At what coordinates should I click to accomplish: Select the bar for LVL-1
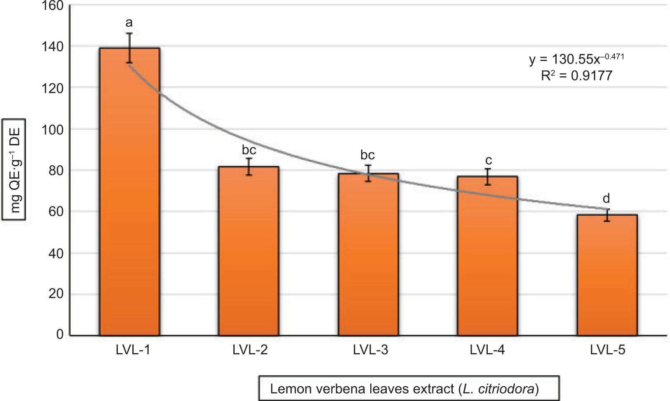(x=129, y=192)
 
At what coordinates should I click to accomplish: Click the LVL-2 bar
(x=249, y=251)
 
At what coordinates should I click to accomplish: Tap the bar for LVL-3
(x=368, y=254)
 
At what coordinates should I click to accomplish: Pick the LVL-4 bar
(x=487, y=256)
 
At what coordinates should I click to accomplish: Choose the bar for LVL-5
(x=607, y=275)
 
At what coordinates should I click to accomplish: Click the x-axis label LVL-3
(x=370, y=350)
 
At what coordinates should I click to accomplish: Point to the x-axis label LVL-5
(x=607, y=350)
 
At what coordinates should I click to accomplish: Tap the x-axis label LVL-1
(x=133, y=350)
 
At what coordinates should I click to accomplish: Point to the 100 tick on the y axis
(x=52, y=130)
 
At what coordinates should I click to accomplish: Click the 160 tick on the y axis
(x=52, y=6)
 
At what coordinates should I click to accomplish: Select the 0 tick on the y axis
(x=60, y=335)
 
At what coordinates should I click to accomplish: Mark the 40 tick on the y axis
(x=56, y=253)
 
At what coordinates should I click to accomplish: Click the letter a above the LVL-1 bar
(x=129, y=23)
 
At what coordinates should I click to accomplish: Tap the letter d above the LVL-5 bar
(x=606, y=199)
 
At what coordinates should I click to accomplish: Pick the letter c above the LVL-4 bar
(x=489, y=160)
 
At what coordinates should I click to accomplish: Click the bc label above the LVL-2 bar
(x=249, y=150)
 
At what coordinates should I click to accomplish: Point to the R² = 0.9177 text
(x=576, y=76)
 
